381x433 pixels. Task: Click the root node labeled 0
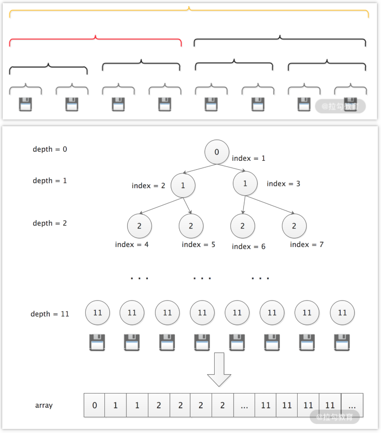pos(217,152)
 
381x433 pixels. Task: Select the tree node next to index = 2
pos(183,185)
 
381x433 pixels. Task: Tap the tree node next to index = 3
pos(245,184)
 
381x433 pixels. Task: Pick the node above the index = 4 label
pos(139,226)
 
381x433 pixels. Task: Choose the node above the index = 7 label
pos(294,226)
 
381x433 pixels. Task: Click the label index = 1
pos(249,159)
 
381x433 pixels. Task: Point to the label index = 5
pos(198,245)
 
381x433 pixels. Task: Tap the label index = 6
pos(248,247)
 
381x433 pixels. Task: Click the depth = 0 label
pos(50,149)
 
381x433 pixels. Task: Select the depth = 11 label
pos(50,314)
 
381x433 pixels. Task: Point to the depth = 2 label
pos(50,223)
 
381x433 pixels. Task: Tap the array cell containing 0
pos(95,405)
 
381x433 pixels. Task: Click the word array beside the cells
pos(44,405)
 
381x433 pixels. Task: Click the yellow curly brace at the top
pos(189,12)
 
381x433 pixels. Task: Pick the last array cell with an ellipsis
pos(352,405)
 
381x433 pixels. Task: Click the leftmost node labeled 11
pos(97,313)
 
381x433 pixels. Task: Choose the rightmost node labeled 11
pos(342,313)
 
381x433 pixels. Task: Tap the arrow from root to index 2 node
pos(199,167)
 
